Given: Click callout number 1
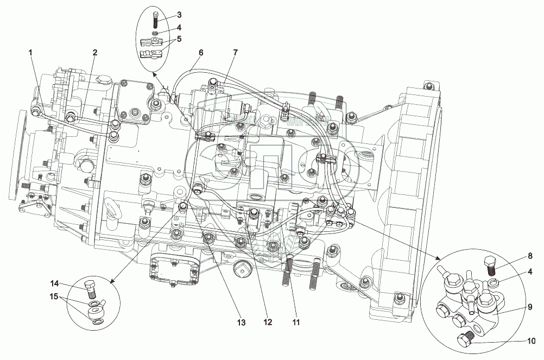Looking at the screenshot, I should [x=31, y=53].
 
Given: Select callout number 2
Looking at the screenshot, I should [x=94, y=53].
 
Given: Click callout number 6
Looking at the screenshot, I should [x=201, y=53].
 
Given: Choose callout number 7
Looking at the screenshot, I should [x=235, y=53].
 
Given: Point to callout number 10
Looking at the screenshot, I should [x=529, y=342].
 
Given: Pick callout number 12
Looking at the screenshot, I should [x=267, y=323].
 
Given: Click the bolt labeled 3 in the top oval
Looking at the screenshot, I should [x=156, y=17].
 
